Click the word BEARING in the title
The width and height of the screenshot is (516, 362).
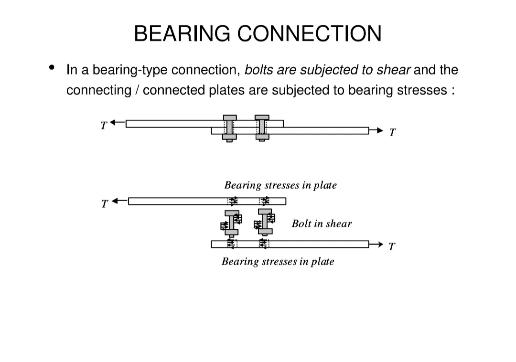click(182, 34)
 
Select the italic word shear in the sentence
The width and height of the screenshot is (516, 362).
click(393, 70)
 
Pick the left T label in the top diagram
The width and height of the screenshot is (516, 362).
click(103, 125)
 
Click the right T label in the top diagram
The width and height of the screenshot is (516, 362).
click(392, 132)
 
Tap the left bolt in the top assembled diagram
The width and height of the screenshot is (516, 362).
click(230, 128)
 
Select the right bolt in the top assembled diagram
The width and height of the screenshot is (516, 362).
click(262, 128)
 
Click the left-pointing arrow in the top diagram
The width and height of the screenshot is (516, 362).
click(118, 123)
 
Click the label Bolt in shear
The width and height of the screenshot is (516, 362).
click(322, 224)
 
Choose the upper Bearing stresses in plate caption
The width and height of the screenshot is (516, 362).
click(280, 185)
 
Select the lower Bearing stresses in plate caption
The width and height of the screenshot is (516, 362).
click(278, 261)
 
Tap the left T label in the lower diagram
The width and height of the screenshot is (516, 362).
click(105, 203)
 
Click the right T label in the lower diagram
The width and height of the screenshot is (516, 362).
click(392, 247)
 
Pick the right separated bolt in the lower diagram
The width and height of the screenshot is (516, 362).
click(265, 221)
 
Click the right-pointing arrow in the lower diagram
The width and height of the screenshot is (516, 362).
click(376, 245)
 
